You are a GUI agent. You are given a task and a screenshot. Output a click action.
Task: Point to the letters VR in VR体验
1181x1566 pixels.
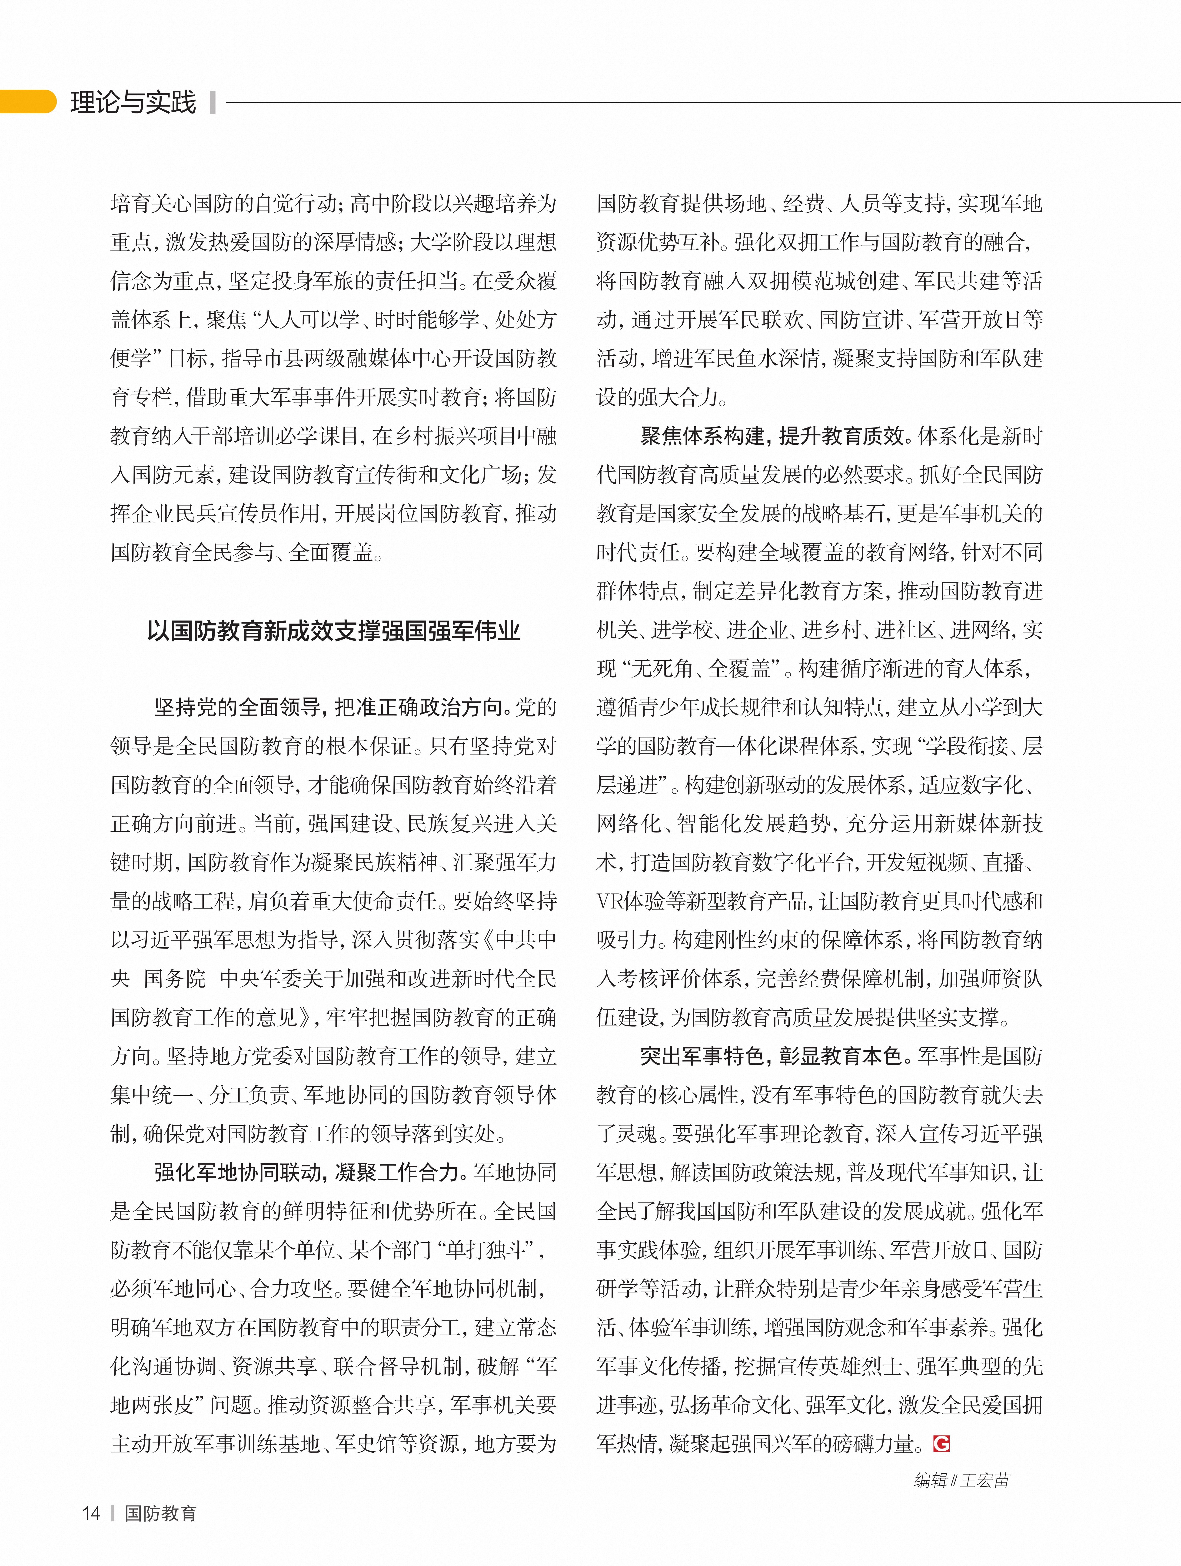(x=610, y=901)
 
